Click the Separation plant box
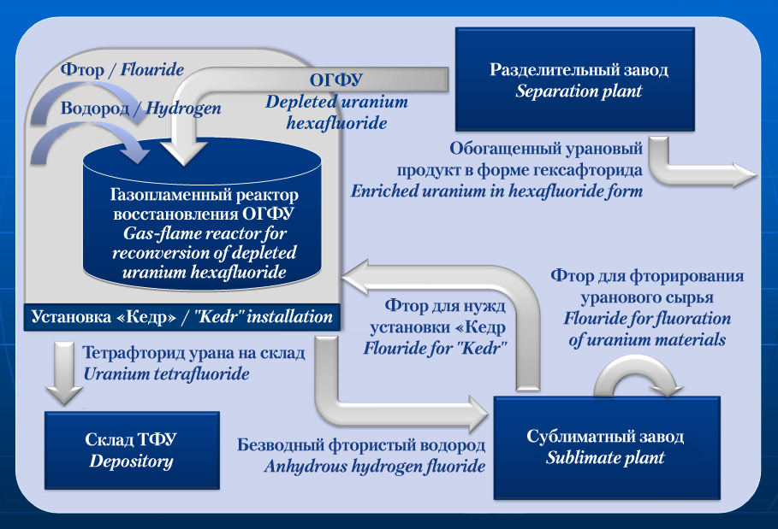click(x=574, y=79)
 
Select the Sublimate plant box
click(x=607, y=448)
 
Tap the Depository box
click(x=132, y=450)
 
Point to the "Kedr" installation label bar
click(x=181, y=317)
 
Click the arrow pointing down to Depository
click(x=64, y=373)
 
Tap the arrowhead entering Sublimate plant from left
click(x=478, y=414)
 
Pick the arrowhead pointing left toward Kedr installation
click(x=355, y=278)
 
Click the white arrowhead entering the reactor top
click(x=184, y=151)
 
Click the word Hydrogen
click(x=183, y=108)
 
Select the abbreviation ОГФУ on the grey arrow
click(x=336, y=79)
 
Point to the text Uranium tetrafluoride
click(x=166, y=373)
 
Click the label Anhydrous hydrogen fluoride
click(x=375, y=466)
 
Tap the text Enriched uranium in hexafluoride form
click(x=496, y=191)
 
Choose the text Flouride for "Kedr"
click(x=435, y=348)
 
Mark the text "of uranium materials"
click(x=647, y=340)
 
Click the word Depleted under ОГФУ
click(x=300, y=102)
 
